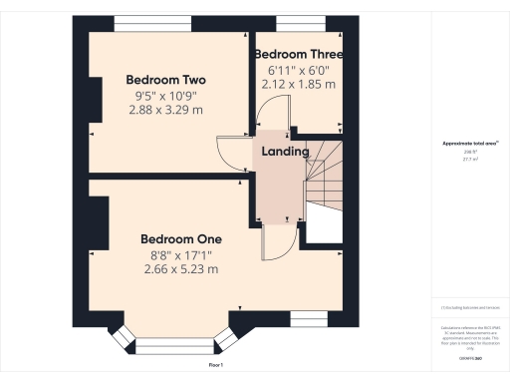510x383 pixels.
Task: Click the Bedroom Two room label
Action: pos(165,79)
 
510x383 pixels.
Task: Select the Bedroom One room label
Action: pos(180,239)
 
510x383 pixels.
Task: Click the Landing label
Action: pos(285,152)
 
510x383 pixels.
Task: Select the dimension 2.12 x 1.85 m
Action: pos(298,84)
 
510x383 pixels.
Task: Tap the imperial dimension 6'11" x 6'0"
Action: pos(298,70)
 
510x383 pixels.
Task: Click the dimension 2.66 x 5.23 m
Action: pos(180,268)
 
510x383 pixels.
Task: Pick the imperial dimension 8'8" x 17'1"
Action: pos(180,254)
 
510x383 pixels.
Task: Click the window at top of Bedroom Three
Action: pos(297,22)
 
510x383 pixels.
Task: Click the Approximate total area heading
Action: pos(470,144)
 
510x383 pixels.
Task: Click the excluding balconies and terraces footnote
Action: pos(470,307)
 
